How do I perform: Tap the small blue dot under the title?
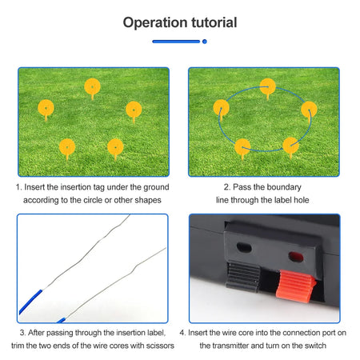click(205, 40)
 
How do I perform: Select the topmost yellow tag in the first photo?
click(93, 86)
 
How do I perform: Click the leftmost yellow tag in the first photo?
click(46, 106)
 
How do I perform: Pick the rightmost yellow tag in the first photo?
click(134, 108)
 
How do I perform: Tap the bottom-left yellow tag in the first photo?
click(67, 146)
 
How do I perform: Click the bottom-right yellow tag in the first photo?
click(117, 147)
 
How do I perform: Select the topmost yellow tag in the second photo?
click(268, 85)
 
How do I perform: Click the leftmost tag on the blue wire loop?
click(221, 107)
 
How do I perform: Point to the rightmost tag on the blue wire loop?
click(309, 109)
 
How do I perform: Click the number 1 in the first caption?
click(18, 186)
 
